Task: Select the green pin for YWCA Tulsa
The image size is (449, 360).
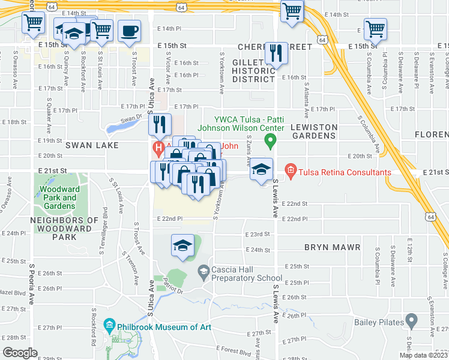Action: [270, 142]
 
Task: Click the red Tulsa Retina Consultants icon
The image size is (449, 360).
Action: [291, 172]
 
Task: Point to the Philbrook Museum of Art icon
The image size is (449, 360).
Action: [109, 327]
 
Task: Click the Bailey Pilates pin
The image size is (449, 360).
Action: [411, 321]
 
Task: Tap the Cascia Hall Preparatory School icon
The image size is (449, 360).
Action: [203, 273]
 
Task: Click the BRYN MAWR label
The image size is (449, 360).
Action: [332, 247]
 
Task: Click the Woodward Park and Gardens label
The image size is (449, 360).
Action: [59, 197]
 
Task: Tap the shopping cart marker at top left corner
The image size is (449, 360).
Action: [34, 23]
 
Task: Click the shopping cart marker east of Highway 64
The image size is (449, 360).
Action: [375, 28]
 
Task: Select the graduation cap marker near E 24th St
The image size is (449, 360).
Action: [182, 245]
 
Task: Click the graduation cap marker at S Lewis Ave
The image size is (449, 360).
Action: [261, 169]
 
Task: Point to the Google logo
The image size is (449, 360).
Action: [20, 353]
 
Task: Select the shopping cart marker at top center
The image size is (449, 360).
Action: [292, 10]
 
